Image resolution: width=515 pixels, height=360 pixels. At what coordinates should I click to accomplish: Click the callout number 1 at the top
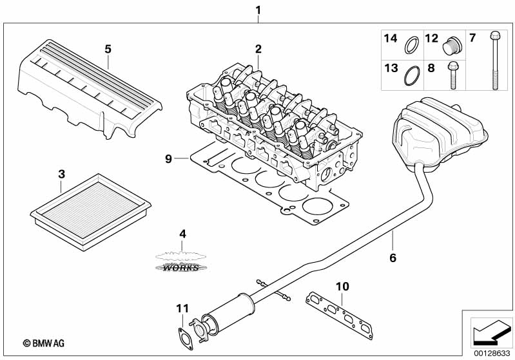click(258, 10)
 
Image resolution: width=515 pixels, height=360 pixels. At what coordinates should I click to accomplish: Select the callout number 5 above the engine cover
click(108, 48)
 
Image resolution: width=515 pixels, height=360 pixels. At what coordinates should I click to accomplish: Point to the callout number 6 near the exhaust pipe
click(392, 258)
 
